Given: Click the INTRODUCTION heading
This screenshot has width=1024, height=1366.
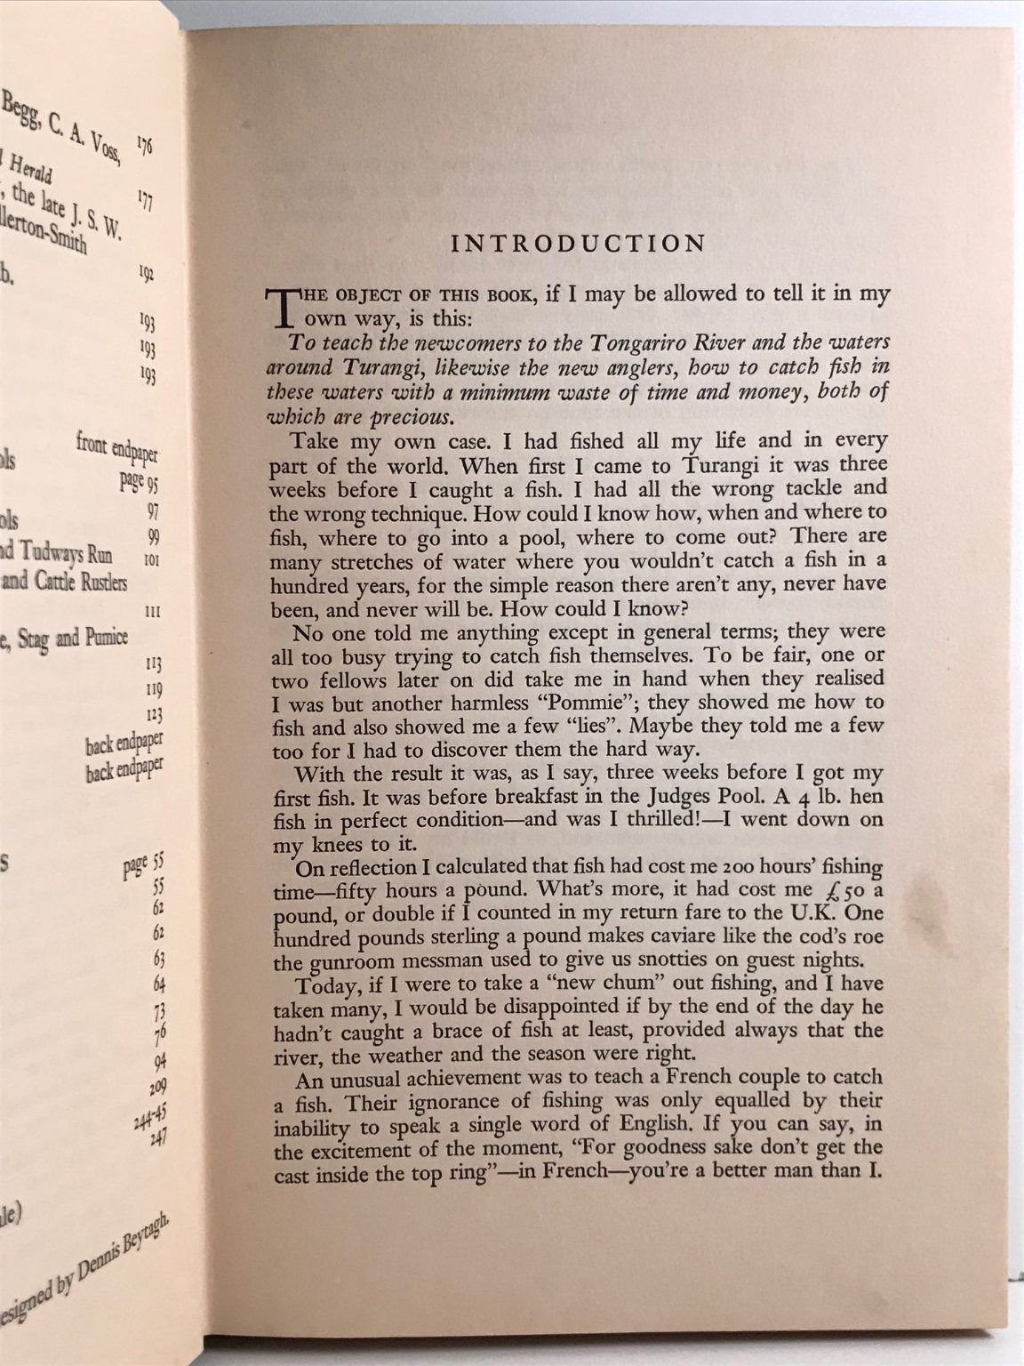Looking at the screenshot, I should (579, 244).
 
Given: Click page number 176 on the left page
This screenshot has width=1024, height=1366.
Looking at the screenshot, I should (146, 145).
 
